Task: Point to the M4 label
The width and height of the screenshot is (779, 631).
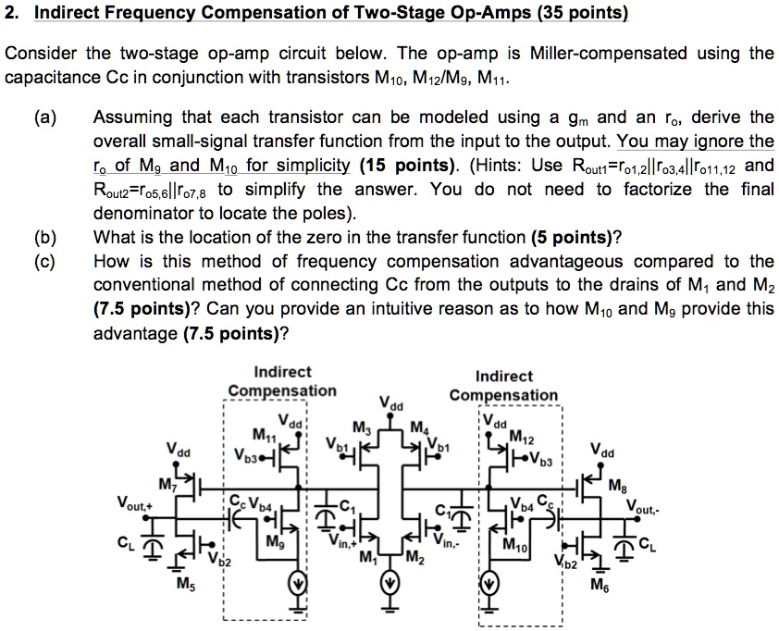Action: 420,427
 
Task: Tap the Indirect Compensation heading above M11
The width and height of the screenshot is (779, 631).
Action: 281,381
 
